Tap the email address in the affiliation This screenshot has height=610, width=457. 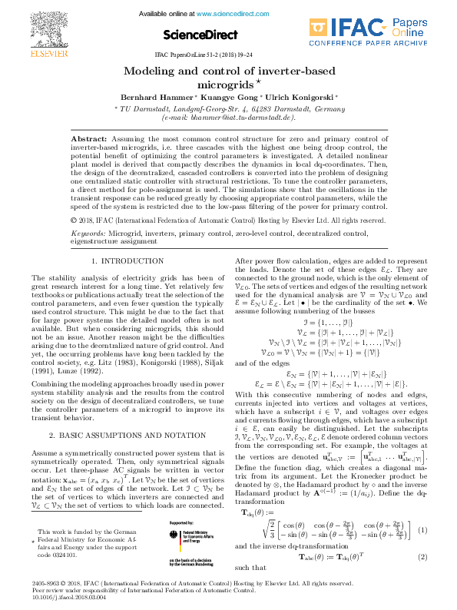(229, 118)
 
